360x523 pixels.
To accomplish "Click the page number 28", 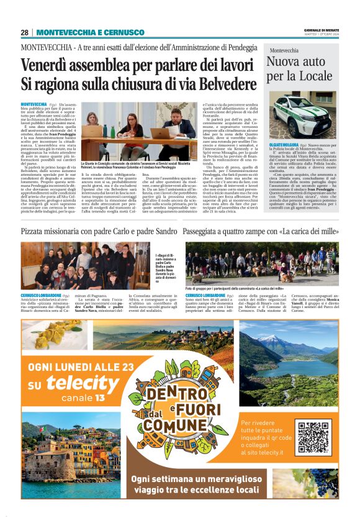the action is pos(24,32).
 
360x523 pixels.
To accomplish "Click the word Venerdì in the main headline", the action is pos(47,65).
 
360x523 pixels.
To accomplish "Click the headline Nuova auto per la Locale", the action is pos(295,68).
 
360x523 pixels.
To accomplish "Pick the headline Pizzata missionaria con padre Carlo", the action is pos(99,231).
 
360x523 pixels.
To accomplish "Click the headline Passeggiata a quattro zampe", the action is pos(261,231).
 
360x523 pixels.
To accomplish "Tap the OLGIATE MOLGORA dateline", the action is pos(284,143).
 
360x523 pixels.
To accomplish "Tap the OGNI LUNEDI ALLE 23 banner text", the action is pos(81,366).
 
